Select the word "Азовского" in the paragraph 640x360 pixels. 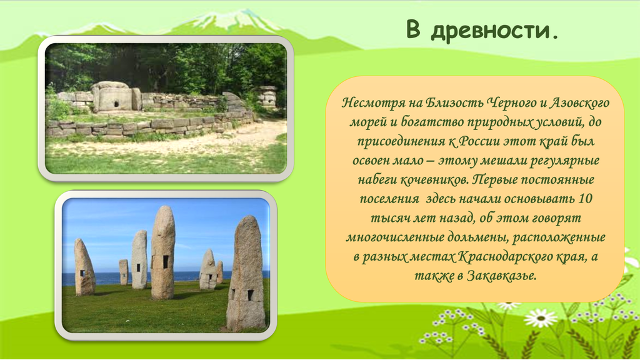pos(579,102)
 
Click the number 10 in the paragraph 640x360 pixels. pos(585,199)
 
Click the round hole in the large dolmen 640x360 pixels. pos(116,103)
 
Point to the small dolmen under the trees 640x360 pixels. pos(267,96)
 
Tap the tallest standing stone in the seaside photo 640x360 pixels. pos(163,252)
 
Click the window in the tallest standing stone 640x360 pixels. pos(166,262)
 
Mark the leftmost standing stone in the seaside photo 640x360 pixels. pos(84,267)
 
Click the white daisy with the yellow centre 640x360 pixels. pos(541,317)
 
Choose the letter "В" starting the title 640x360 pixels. pos(413,29)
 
